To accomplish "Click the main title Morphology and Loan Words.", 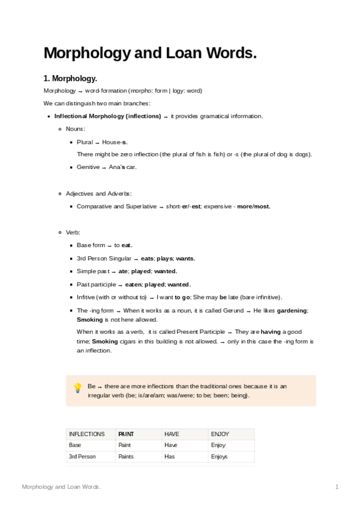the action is click(x=150, y=53).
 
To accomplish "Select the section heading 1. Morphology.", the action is click(x=70, y=79).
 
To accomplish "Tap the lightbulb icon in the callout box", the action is click(x=78, y=388).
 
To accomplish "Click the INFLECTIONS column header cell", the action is click(x=87, y=434).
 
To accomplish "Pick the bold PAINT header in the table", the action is click(x=126, y=434).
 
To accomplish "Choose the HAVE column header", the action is click(x=171, y=434).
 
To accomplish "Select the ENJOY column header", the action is click(x=220, y=434).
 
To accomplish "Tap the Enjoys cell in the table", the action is click(x=219, y=457).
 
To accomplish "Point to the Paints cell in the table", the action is click(x=126, y=457).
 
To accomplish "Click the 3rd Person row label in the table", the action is click(x=82, y=457).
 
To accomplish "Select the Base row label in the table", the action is click(x=75, y=446).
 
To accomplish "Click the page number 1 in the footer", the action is click(x=337, y=486).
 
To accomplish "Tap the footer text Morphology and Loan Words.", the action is click(x=61, y=486).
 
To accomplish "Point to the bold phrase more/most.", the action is click(x=254, y=206).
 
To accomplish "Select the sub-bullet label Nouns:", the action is click(x=75, y=129).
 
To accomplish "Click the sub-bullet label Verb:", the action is click(x=73, y=232).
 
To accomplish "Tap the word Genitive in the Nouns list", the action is click(x=88, y=167).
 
